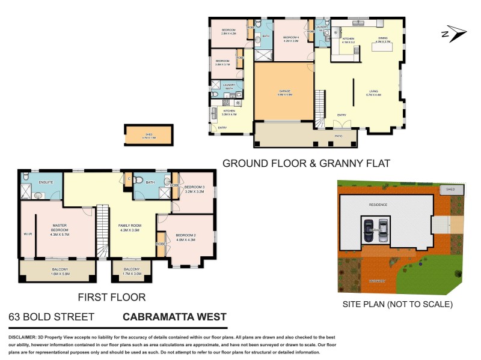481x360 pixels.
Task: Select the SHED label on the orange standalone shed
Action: point(149,134)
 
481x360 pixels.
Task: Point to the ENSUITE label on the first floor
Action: point(46,181)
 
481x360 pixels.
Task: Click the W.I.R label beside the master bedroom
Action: point(27,233)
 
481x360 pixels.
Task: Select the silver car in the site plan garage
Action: point(382,230)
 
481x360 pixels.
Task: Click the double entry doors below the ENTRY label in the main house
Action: point(343,124)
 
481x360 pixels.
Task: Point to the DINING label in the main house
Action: point(383,38)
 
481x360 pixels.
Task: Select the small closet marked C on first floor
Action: point(129,178)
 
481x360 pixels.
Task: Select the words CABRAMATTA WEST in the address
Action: point(174,317)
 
